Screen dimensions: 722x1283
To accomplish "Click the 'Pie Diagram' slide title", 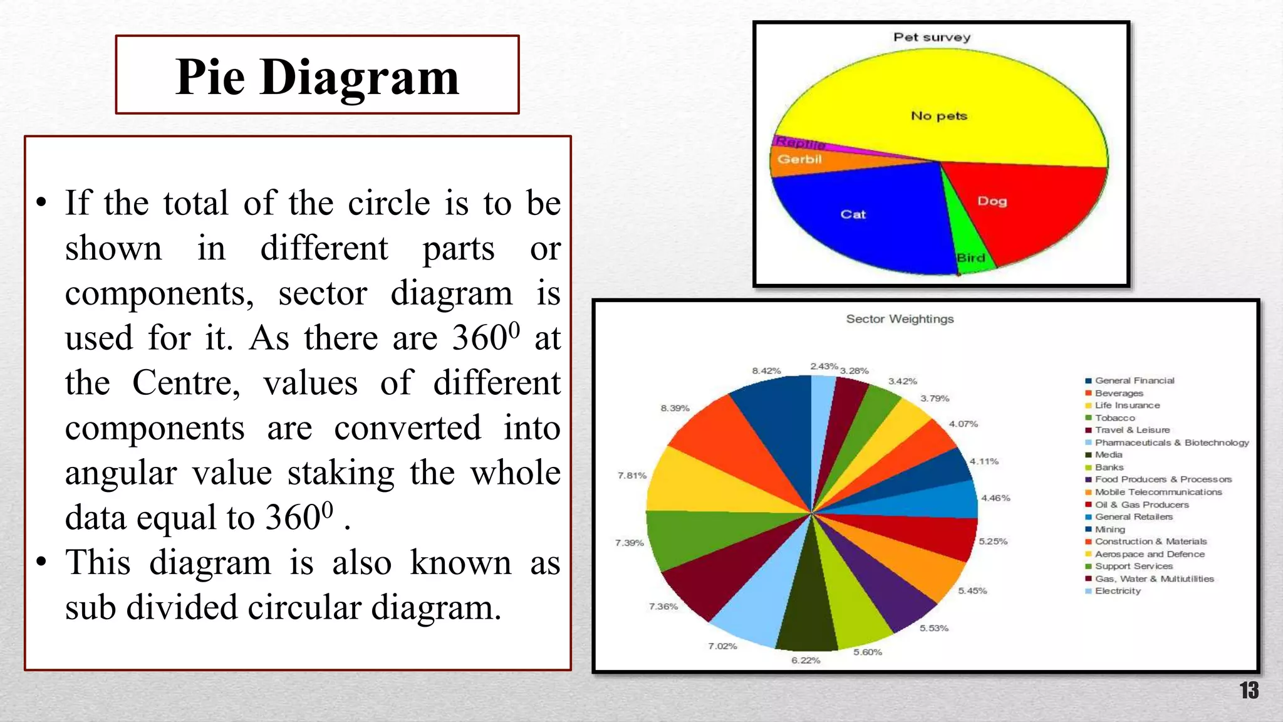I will pyautogui.click(x=317, y=76).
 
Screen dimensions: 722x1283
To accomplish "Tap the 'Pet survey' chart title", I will pyautogui.click(x=932, y=37).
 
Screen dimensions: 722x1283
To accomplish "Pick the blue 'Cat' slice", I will pyautogui.click(x=865, y=219).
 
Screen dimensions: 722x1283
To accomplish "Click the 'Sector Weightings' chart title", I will pyautogui.click(x=900, y=319).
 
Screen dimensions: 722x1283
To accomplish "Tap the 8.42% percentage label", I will pyautogui.click(x=766, y=371).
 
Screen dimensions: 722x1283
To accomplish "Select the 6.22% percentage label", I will pyautogui.click(x=806, y=660).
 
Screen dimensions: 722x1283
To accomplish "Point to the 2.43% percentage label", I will pyautogui.click(x=824, y=366).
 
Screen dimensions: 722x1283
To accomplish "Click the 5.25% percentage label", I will pyautogui.click(x=993, y=541).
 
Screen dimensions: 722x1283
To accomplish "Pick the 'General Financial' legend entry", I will pyautogui.click(x=1134, y=380).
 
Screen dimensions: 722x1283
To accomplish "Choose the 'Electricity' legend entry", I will pyautogui.click(x=1118, y=591).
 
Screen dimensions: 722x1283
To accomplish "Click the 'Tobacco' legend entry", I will pyautogui.click(x=1114, y=418).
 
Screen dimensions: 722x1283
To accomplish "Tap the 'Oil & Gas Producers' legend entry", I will pyautogui.click(x=1141, y=505).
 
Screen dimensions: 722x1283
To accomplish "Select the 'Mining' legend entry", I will pyautogui.click(x=1109, y=529).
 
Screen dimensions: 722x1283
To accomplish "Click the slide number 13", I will pyautogui.click(x=1249, y=691).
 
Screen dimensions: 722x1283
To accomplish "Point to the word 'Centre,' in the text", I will pyautogui.click(x=186, y=382).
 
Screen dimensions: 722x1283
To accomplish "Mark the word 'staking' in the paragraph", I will pyautogui.click(x=341, y=473).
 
